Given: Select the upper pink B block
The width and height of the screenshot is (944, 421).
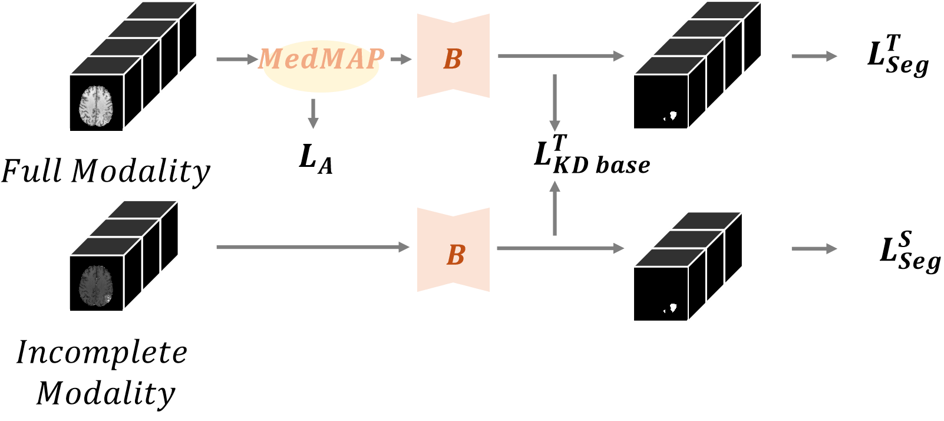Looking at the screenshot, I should (453, 56).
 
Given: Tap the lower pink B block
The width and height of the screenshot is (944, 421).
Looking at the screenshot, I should (453, 250).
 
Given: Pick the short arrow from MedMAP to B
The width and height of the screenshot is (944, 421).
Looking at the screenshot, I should (401, 59).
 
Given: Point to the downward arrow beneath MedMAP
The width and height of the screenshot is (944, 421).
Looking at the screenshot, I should (313, 114).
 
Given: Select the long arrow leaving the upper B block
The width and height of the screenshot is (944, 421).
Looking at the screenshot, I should (560, 56).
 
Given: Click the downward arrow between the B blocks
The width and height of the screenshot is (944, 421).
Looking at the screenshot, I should (554, 103).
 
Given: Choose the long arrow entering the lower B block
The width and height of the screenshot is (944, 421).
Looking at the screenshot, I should (312, 247).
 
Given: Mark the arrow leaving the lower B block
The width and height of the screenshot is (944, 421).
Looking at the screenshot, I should (560, 248).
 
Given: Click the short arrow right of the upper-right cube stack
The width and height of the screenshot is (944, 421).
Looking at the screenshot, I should (814, 57).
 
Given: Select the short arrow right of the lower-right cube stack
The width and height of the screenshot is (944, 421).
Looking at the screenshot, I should (814, 249).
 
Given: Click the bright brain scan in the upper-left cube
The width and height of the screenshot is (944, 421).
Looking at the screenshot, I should (96, 106).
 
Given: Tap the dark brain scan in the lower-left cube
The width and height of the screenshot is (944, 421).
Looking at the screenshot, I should (96, 285).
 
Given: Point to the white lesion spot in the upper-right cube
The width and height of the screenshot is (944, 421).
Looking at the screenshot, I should (672, 116).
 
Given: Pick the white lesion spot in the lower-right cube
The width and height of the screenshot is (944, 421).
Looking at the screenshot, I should (672, 308).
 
